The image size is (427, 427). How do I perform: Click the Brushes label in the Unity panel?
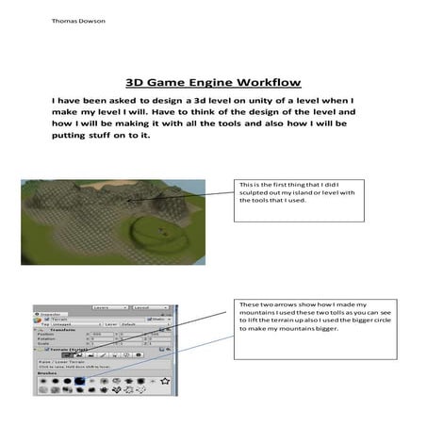(x=46, y=373)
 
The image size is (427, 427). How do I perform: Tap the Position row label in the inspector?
(x=45, y=335)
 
